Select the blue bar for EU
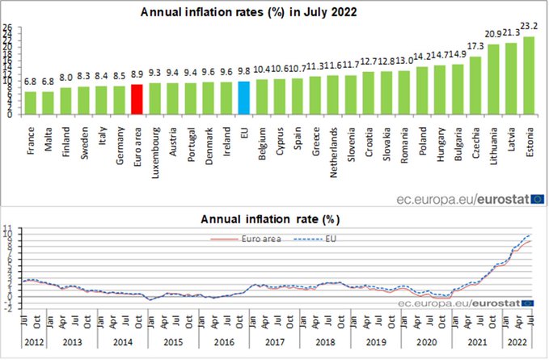pos(243,98)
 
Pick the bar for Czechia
pos(475,85)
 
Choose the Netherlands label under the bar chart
pos(333,146)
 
